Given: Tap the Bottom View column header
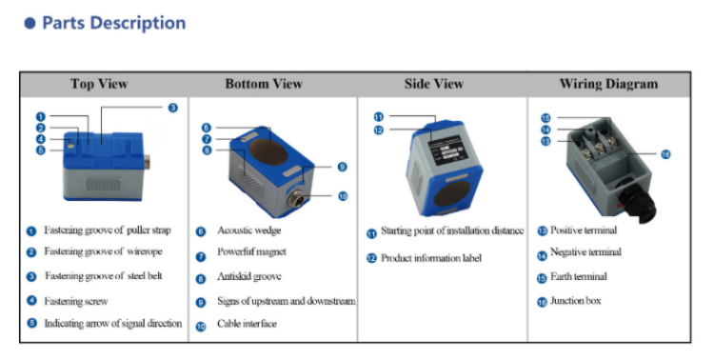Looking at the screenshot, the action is (264, 84).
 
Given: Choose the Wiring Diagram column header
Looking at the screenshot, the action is (608, 84).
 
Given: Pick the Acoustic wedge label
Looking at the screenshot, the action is (249, 230).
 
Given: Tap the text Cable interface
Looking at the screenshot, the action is (247, 324).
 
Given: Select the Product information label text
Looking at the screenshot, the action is (431, 258).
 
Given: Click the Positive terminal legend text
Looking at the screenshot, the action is (584, 230).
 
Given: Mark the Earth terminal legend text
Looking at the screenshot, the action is (578, 277).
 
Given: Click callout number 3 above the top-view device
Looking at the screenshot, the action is (172, 108).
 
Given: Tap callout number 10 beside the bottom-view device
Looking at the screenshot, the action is (342, 195).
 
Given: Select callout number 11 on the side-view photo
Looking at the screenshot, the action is (378, 116).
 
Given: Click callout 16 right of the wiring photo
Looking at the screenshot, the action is (665, 153).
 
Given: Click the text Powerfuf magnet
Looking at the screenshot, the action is (252, 253).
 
